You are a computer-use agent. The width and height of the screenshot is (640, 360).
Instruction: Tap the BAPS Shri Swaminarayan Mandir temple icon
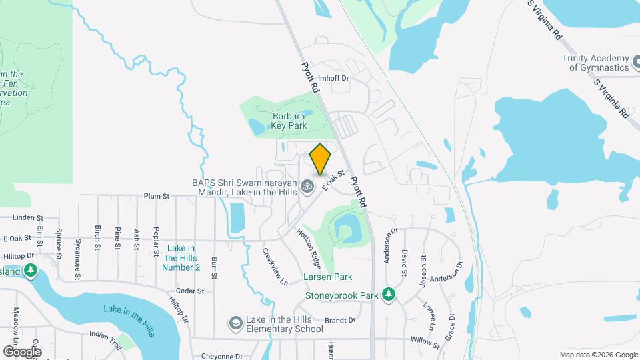[307, 186]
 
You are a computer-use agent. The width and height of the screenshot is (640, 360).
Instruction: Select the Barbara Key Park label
[288, 120]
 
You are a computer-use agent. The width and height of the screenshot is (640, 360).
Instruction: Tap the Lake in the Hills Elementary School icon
[235, 323]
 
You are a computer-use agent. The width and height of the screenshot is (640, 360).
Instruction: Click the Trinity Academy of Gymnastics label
[595, 63]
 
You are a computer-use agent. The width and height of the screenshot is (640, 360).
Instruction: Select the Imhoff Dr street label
[333, 78]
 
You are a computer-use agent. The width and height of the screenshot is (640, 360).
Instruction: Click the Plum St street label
[157, 197]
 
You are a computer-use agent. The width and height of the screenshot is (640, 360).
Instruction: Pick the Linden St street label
[27, 217]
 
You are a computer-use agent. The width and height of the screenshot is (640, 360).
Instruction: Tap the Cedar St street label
[190, 291]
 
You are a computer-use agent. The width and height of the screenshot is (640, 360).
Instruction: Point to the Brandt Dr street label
[341, 320]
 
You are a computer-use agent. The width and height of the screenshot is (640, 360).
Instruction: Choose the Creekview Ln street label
[274, 267]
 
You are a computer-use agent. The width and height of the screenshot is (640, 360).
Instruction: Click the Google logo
[22, 351]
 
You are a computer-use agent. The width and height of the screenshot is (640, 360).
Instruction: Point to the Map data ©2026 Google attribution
[598, 355]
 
